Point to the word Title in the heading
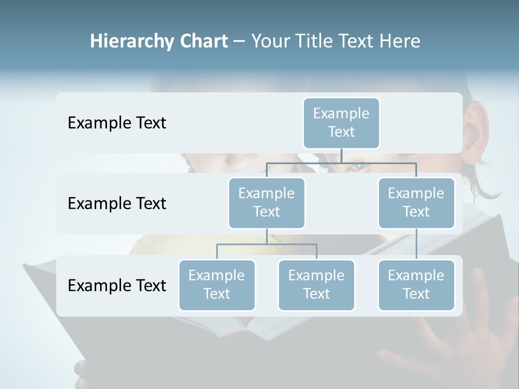coord(318,42)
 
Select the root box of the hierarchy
coord(341,123)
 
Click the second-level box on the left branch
coord(267,203)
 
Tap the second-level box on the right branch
coord(416,203)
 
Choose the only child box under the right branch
coord(416,285)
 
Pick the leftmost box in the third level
coord(217,285)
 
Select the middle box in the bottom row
coord(316,285)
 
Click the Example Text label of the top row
coord(117,123)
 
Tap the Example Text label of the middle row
coord(117,204)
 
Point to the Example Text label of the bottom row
coord(117,286)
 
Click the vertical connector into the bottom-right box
coord(416,244)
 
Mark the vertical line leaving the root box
coord(341,156)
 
